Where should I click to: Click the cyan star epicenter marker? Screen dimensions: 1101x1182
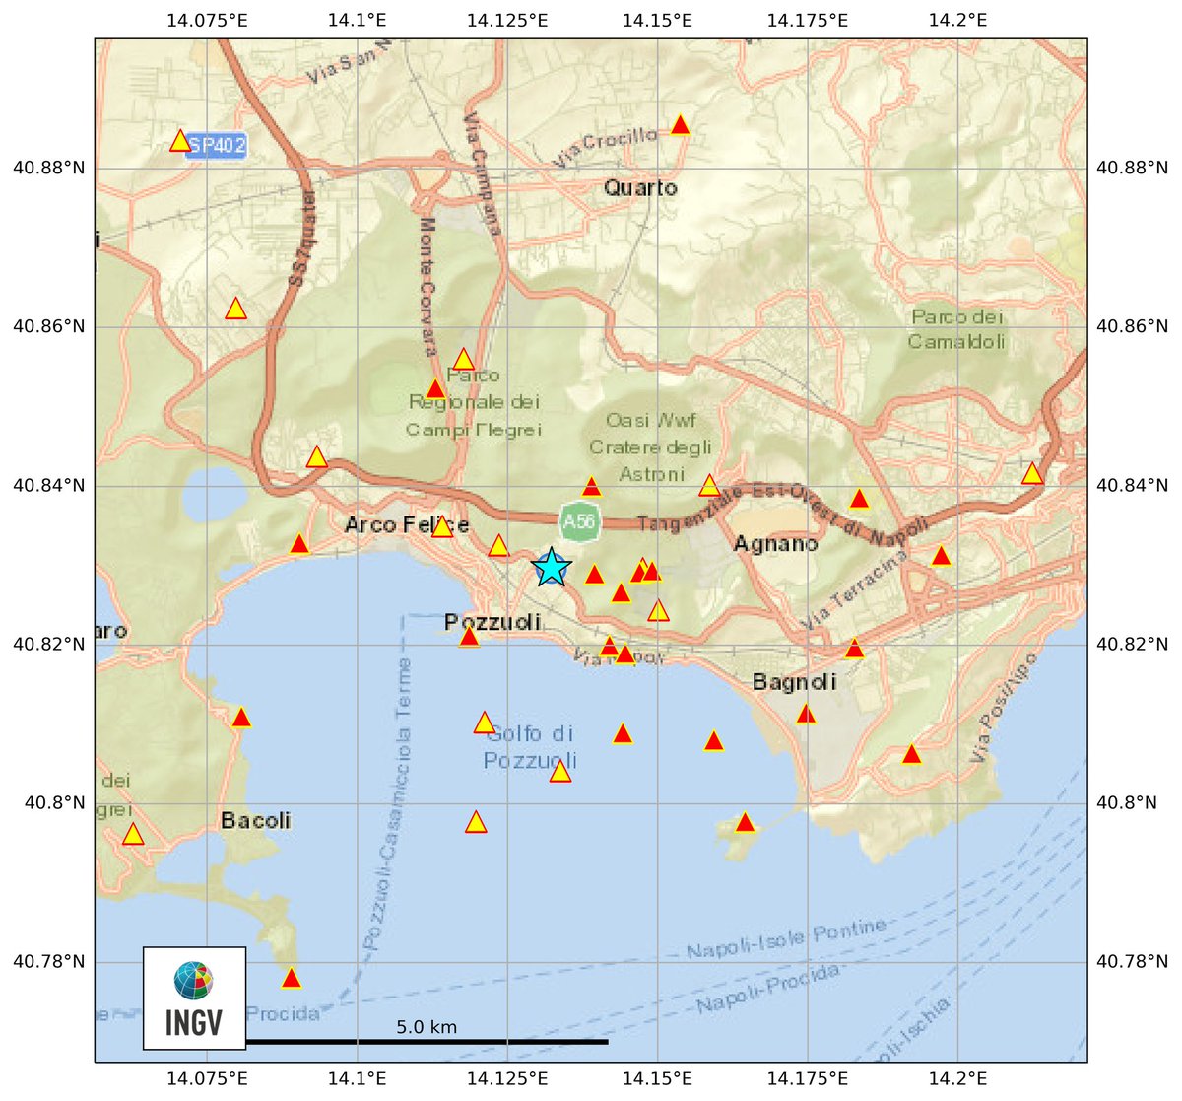pyautogui.click(x=552, y=568)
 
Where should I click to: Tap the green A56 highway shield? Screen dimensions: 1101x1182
pyautogui.click(x=578, y=521)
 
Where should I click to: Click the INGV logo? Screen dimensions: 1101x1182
pyautogui.click(x=194, y=998)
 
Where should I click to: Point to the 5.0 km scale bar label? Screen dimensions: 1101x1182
pyautogui.click(x=427, y=1027)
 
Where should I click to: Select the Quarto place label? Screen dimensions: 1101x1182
pyautogui.click(x=641, y=187)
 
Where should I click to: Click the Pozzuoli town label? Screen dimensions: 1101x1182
pyautogui.click(x=492, y=622)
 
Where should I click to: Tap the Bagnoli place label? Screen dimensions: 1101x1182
pyautogui.click(x=794, y=681)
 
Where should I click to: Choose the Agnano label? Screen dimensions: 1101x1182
pyautogui.click(x=775, y=543)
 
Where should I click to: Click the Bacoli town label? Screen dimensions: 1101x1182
pyautogui.click(x=256, y=820)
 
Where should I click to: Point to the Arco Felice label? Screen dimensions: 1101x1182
pyautogui.click(x=407, y=525)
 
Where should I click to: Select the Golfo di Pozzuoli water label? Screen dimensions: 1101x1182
pyautogui.click(x=529, y=747)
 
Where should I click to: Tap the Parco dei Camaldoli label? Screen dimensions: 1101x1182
pyautogui.click(x=956, y=329)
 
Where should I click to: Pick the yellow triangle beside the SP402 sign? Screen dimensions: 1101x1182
pyautogui.click(x=180, y=141)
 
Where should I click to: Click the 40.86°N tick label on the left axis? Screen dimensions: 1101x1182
pyautogui.click(x=48, y=326)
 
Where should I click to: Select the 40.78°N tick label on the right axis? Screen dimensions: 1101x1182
pyautogui.click(x=1132, y=961)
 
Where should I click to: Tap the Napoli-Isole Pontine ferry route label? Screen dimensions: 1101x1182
pyautogui.click(x=785, y=939)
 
